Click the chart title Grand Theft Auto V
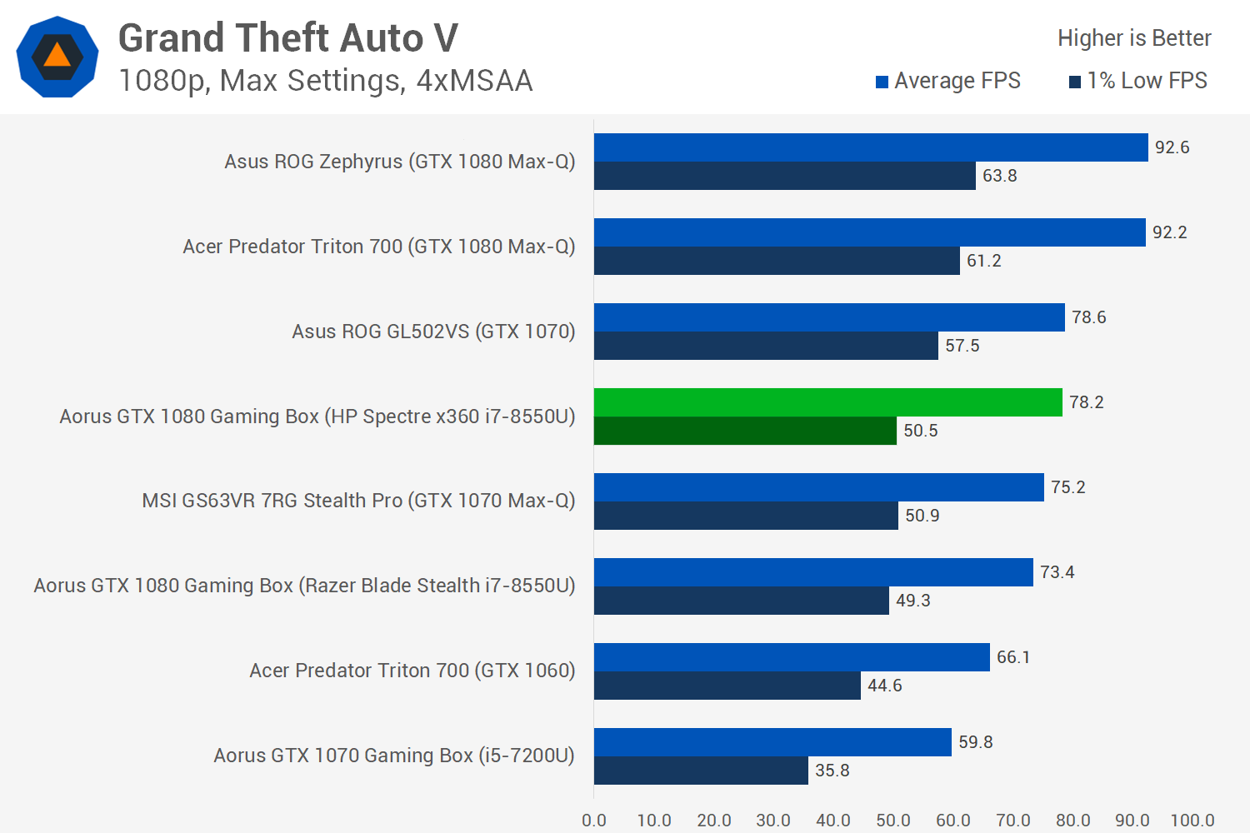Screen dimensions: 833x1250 point(287,38)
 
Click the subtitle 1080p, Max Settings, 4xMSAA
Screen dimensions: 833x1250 point(325,81)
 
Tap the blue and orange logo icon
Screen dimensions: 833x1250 point(57,57)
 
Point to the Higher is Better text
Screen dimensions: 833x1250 point(1133,38)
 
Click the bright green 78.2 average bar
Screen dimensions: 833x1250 point(827,402)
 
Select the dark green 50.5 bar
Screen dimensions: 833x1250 point(745,431)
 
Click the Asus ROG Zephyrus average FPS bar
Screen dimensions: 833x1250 point(871,147)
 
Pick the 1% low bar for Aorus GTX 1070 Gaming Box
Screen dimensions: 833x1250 point(701,771)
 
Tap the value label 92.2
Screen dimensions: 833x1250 point(1169,232)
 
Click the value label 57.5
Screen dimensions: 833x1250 point(962,346)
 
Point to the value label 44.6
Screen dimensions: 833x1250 point(884,686)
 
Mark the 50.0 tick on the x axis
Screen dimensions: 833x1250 point(892,820)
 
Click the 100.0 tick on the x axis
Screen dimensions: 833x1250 point(1192,820)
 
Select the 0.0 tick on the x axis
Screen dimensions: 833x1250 point(594,820)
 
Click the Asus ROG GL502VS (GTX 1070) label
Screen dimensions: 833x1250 point(433,332)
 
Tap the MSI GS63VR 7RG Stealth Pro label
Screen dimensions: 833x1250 point(358,501)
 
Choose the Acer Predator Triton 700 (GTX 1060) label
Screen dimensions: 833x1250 point(412,671)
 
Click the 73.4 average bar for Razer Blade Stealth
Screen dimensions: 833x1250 point(813,572)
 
